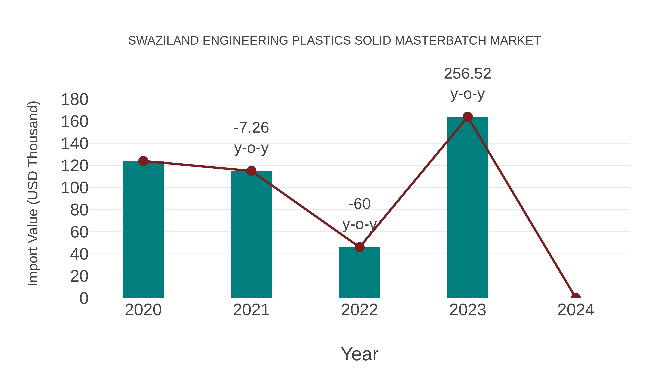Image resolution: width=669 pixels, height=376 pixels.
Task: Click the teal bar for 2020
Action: [143, 231]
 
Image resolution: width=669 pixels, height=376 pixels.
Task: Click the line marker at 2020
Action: [143, 161]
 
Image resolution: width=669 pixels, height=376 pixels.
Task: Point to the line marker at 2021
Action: [251, 171]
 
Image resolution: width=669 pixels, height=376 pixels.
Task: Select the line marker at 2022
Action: [359, 247]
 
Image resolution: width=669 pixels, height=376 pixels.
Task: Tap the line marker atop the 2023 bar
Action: [468, 117]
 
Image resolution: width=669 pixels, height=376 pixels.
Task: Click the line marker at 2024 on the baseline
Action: [576, 297]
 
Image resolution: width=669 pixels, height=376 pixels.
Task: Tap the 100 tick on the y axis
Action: [75, 188]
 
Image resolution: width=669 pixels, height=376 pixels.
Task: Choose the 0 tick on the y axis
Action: [84, 298]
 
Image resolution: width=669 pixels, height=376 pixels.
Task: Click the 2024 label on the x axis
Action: [576, 310]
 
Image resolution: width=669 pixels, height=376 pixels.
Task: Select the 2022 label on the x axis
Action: [359, 310]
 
